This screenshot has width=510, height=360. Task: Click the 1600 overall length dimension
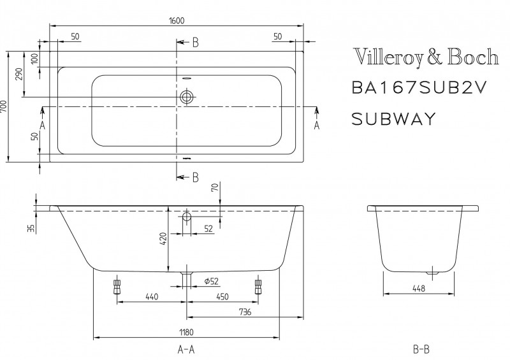pos(177,20)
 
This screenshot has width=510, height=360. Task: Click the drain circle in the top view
pos(186,97)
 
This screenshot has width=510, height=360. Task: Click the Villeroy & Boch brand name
pos(425,58)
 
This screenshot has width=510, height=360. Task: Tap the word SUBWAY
pos(393,118)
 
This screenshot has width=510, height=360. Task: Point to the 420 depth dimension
pos(163,239)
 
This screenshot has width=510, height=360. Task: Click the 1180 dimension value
pos(186,332)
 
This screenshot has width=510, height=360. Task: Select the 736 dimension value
pos(245,312)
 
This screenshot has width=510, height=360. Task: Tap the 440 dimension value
pos(152,296)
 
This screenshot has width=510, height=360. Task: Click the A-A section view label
pos(186,350)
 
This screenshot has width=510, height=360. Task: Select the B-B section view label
pos(421,350)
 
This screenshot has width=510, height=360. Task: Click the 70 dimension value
pos(214,188)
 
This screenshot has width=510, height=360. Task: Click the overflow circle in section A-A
pos(186,217)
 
